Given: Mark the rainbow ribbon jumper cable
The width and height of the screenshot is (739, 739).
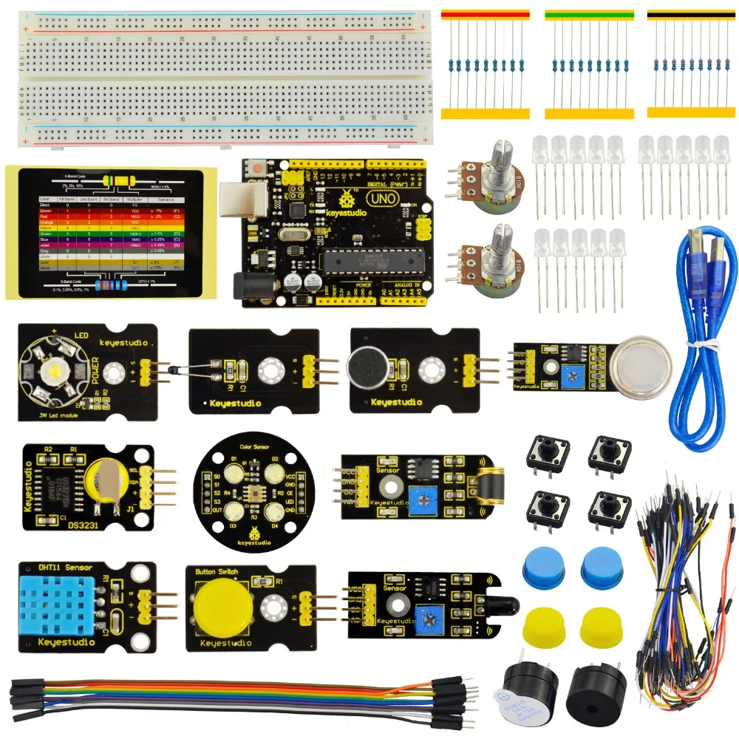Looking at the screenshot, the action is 236,697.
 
